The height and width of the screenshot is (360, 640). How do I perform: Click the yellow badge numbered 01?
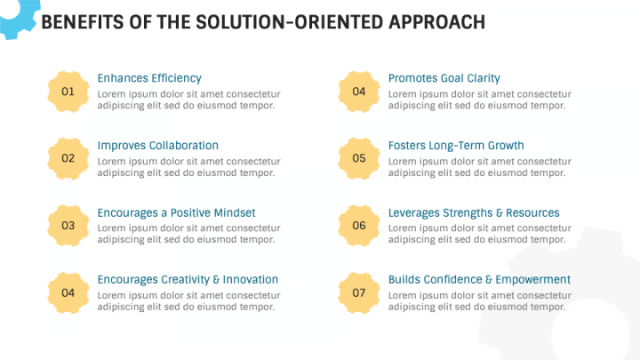point(68,92)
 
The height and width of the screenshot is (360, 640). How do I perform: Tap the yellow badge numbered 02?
point(68,158)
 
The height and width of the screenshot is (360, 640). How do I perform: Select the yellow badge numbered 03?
point(68,226)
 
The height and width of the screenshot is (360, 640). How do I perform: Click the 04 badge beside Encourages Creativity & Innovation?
point(68,292)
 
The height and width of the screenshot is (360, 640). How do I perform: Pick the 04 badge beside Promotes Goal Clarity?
point(359,92)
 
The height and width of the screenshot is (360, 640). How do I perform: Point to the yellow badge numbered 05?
point(359,158)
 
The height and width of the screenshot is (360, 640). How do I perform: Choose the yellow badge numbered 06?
point(359,226)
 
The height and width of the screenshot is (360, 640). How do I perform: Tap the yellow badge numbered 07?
point(359,292)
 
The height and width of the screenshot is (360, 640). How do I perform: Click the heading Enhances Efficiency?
point(149,78)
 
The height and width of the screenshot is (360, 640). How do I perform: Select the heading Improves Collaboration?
point(157,146)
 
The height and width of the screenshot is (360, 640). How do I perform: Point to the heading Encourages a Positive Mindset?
point(176,213)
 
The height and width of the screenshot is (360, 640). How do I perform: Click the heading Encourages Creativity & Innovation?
point(188,280)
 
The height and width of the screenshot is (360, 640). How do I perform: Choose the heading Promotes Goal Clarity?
point(444,78)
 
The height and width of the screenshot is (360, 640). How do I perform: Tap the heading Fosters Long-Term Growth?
point(456,146)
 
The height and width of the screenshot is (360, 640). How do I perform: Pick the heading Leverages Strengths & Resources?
point(474,213)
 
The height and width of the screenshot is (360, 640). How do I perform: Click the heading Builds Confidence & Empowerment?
point(479,280)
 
